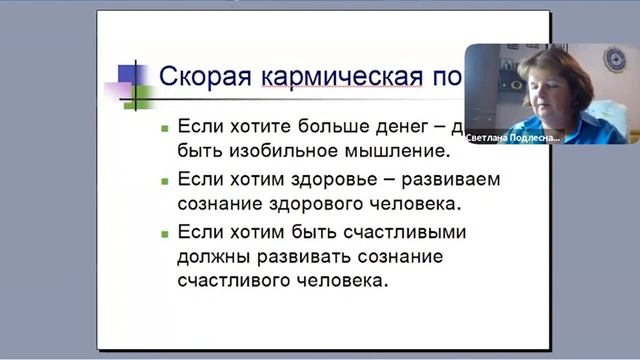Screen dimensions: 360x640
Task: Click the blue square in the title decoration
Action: (x=127, y=73)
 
